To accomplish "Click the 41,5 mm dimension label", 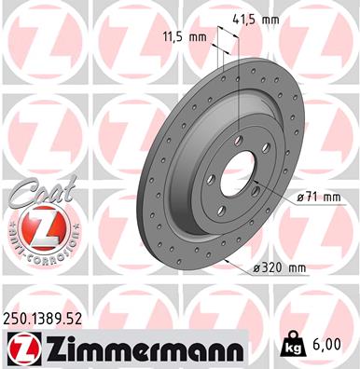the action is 256,20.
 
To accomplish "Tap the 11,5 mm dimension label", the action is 185,37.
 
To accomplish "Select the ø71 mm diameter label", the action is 319,197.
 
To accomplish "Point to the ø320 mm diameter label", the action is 279,267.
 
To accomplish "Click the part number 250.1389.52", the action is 43,319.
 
